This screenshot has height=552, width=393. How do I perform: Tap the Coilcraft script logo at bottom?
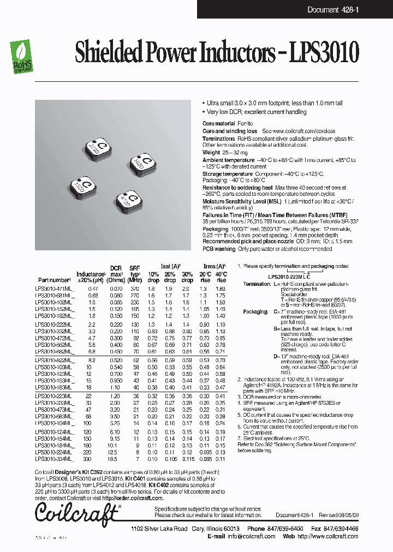pos(76,513)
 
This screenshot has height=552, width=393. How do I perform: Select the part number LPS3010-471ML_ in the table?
pos(53,288)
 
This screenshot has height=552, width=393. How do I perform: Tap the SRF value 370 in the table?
pos(134,288)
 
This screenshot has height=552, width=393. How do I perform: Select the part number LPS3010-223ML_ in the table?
pos(53,395)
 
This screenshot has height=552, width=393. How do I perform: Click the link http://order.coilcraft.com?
pos(132,498)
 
